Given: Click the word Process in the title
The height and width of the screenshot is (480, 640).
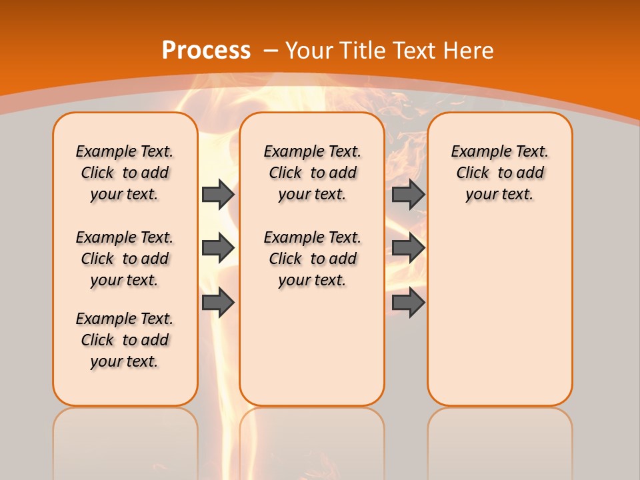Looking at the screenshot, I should [x=206, y=50].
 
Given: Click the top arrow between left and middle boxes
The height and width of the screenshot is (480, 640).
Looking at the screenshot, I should [x=218, y=194].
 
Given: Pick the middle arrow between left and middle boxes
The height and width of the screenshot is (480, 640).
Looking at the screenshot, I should [x=218, y=248].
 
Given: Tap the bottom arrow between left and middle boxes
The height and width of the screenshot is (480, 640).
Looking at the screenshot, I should [x=218, y=303].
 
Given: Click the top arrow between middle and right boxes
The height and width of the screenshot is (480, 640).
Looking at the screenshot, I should [x=408, y=194].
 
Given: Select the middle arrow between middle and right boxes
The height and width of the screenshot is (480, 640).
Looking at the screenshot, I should [x=408, y=248].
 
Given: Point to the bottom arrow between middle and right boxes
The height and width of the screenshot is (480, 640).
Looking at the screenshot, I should [x=408, y=303].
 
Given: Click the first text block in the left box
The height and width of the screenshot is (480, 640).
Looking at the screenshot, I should [x=125, y=173].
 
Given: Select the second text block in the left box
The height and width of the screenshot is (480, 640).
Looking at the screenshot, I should [x=125, y=259].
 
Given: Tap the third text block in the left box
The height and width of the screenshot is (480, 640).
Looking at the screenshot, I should [x=125, y=340].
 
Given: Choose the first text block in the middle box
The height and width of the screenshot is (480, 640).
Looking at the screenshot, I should [x=312, y=173].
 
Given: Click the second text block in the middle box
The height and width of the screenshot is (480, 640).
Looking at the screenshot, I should [x=312, y=259].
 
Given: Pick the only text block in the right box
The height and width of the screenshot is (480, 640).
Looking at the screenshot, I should [x=499, y=173].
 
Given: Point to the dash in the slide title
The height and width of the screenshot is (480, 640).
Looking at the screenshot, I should [x=271, y=50].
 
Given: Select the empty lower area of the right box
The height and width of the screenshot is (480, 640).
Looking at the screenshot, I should [x=499, y=313].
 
